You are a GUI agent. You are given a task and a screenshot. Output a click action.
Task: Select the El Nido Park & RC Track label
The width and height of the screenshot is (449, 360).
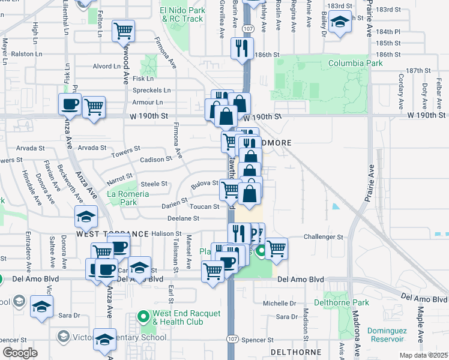coord(181,14)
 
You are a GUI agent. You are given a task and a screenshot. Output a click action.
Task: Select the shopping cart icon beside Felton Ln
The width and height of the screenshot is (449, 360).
coord(124,30)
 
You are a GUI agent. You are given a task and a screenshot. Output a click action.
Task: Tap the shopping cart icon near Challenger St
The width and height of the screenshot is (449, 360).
coord(276,247)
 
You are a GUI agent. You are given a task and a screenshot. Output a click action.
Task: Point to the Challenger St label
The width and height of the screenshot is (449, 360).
coord(324,237)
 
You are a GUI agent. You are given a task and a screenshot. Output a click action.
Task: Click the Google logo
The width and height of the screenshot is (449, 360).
coord(20,353)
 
